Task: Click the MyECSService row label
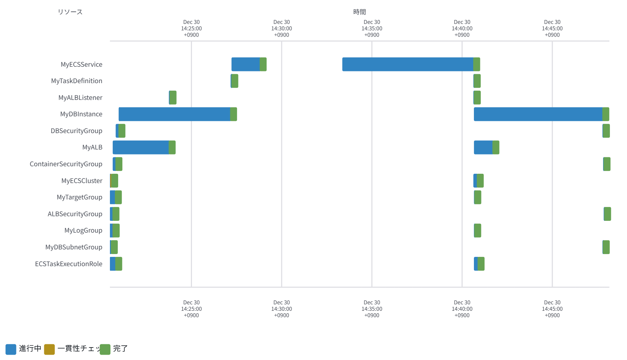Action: click(81, 65)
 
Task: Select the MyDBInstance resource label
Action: click(81, 114)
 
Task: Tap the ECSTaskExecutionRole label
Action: click(69, 264)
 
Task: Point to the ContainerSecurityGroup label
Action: click(66, 164)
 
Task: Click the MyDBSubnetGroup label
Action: click(74, 247)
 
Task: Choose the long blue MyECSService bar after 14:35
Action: click(408, 65)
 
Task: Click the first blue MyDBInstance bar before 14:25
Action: click(174, 114)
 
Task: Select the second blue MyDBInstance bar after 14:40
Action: click(538, 114)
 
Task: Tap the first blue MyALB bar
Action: click(141, 147)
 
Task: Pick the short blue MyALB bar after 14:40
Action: click(483, 147)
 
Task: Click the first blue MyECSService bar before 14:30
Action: click(246, 65)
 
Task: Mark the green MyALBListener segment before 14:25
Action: click(173, 98)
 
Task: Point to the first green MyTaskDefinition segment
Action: click(235, 81)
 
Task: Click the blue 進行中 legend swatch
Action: click(11, 349)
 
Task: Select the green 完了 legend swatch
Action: click(105, 349)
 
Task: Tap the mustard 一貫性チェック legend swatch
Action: click(50, 349)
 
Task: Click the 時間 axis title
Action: click(359, 12)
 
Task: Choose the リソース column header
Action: click(70, 12)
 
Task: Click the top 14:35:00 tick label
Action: click(372, 29)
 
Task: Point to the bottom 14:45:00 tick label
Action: click(552, 309)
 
